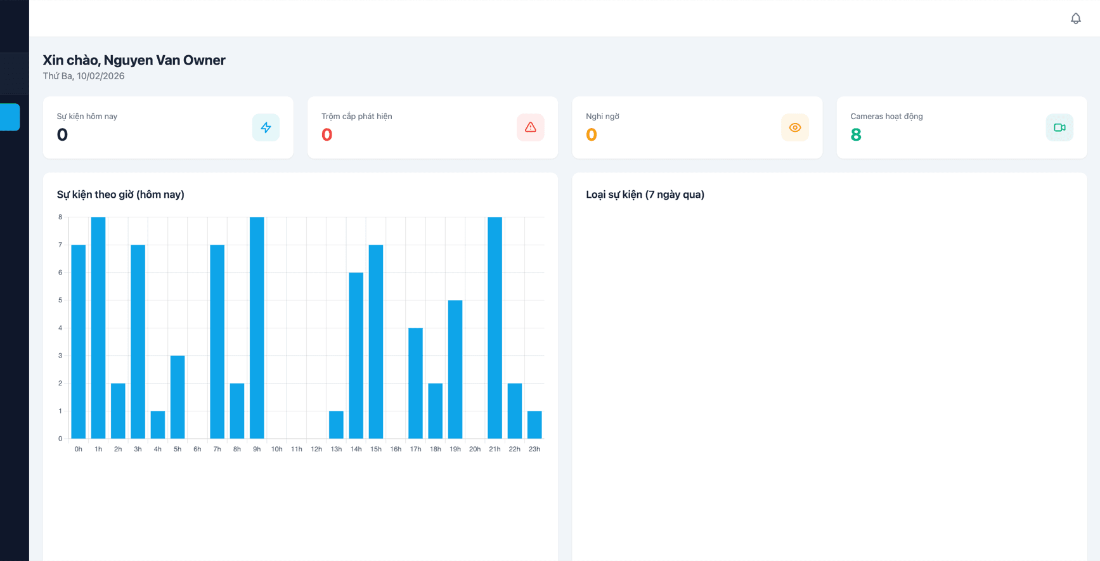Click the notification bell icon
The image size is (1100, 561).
pos(1075,18)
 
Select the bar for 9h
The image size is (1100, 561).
pos(257,328)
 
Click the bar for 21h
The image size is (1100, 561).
pos(495,328)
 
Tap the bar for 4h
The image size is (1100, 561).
pos(158,425)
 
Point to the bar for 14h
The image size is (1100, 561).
pos(356,356)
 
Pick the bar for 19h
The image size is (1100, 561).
pos(455,370)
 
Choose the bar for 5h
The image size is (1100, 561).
pos(178,397)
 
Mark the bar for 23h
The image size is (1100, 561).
pos(534,425)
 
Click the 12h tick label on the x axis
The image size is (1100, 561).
pos(316,449)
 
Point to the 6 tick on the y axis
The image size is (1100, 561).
pos(61,273)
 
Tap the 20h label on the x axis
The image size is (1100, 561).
pos(475,449)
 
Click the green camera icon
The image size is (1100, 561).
pos(1059,127)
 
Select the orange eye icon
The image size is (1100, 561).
pos(794,127)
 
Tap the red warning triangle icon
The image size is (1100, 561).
pos(530,127)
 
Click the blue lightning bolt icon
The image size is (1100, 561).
pos(266,127)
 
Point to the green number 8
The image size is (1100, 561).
pos(856,134)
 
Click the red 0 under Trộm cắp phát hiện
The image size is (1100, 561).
pos(327,134)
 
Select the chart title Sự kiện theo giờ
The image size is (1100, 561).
pos(120,195)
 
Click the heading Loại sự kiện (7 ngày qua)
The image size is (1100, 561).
pos(645,195)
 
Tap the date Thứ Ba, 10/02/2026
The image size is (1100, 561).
pos(84,76)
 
